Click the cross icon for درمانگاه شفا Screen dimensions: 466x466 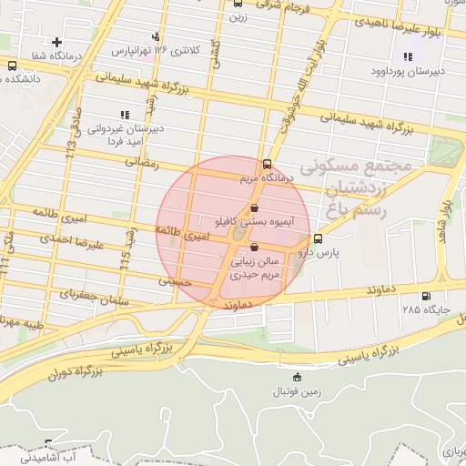click(57, 42)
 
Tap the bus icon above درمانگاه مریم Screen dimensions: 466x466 click(266, 165)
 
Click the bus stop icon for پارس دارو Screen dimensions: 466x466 click(317, 239)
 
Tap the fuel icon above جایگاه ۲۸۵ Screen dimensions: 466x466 click(424, 296)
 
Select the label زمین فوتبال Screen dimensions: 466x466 click(297, 391)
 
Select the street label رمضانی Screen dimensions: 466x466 click(144, 164)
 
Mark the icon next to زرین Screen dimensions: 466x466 click(236, 4)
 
